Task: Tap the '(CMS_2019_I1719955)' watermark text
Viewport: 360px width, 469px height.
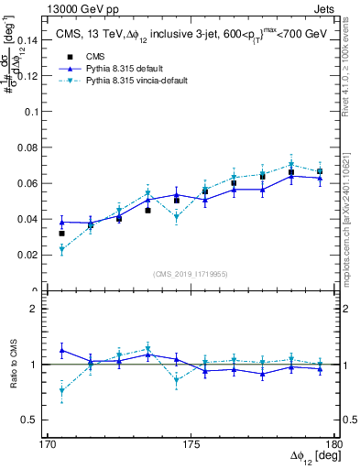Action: click(191, 273)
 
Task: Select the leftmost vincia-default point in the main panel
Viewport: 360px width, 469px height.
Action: click(62, 249)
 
